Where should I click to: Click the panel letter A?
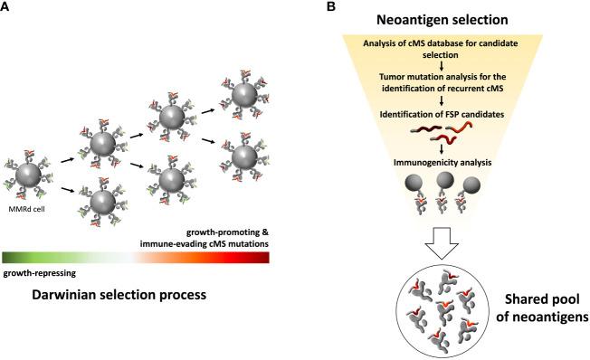7,8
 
